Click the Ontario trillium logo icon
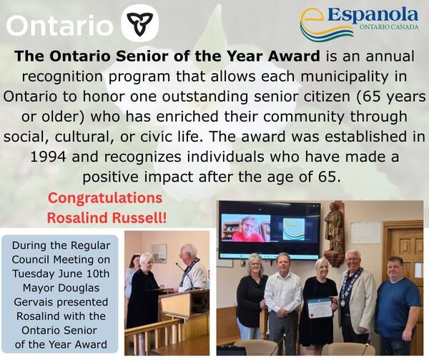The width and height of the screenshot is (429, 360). pyautogui.click(x=139, y=23)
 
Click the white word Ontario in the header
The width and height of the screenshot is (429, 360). pyautogui.click(x=59, y=25)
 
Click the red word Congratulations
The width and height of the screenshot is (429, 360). pyautogui.click(x=105, y=198)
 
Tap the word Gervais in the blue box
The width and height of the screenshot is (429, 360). pyautogui.click(x=32, y=302)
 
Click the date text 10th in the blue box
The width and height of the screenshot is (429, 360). pyautogui.click(x=98, y=273)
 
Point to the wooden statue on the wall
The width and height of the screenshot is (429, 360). pyautogui.click(x=334, y=233)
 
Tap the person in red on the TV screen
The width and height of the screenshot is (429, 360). pyautogui.click(x=247, y=230)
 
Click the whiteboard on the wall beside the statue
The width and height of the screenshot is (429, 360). pyautogui.click(x=365, y=233)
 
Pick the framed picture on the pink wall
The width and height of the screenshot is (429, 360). pyautogui.click(x=159, y=253)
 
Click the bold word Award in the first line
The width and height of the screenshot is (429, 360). pyautogui.click(x=295, y=56)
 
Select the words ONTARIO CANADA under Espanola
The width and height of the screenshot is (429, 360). pyautogui.click(x=389, y=27)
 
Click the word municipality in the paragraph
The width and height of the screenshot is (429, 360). pyautogui.click(x=344, y=77)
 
